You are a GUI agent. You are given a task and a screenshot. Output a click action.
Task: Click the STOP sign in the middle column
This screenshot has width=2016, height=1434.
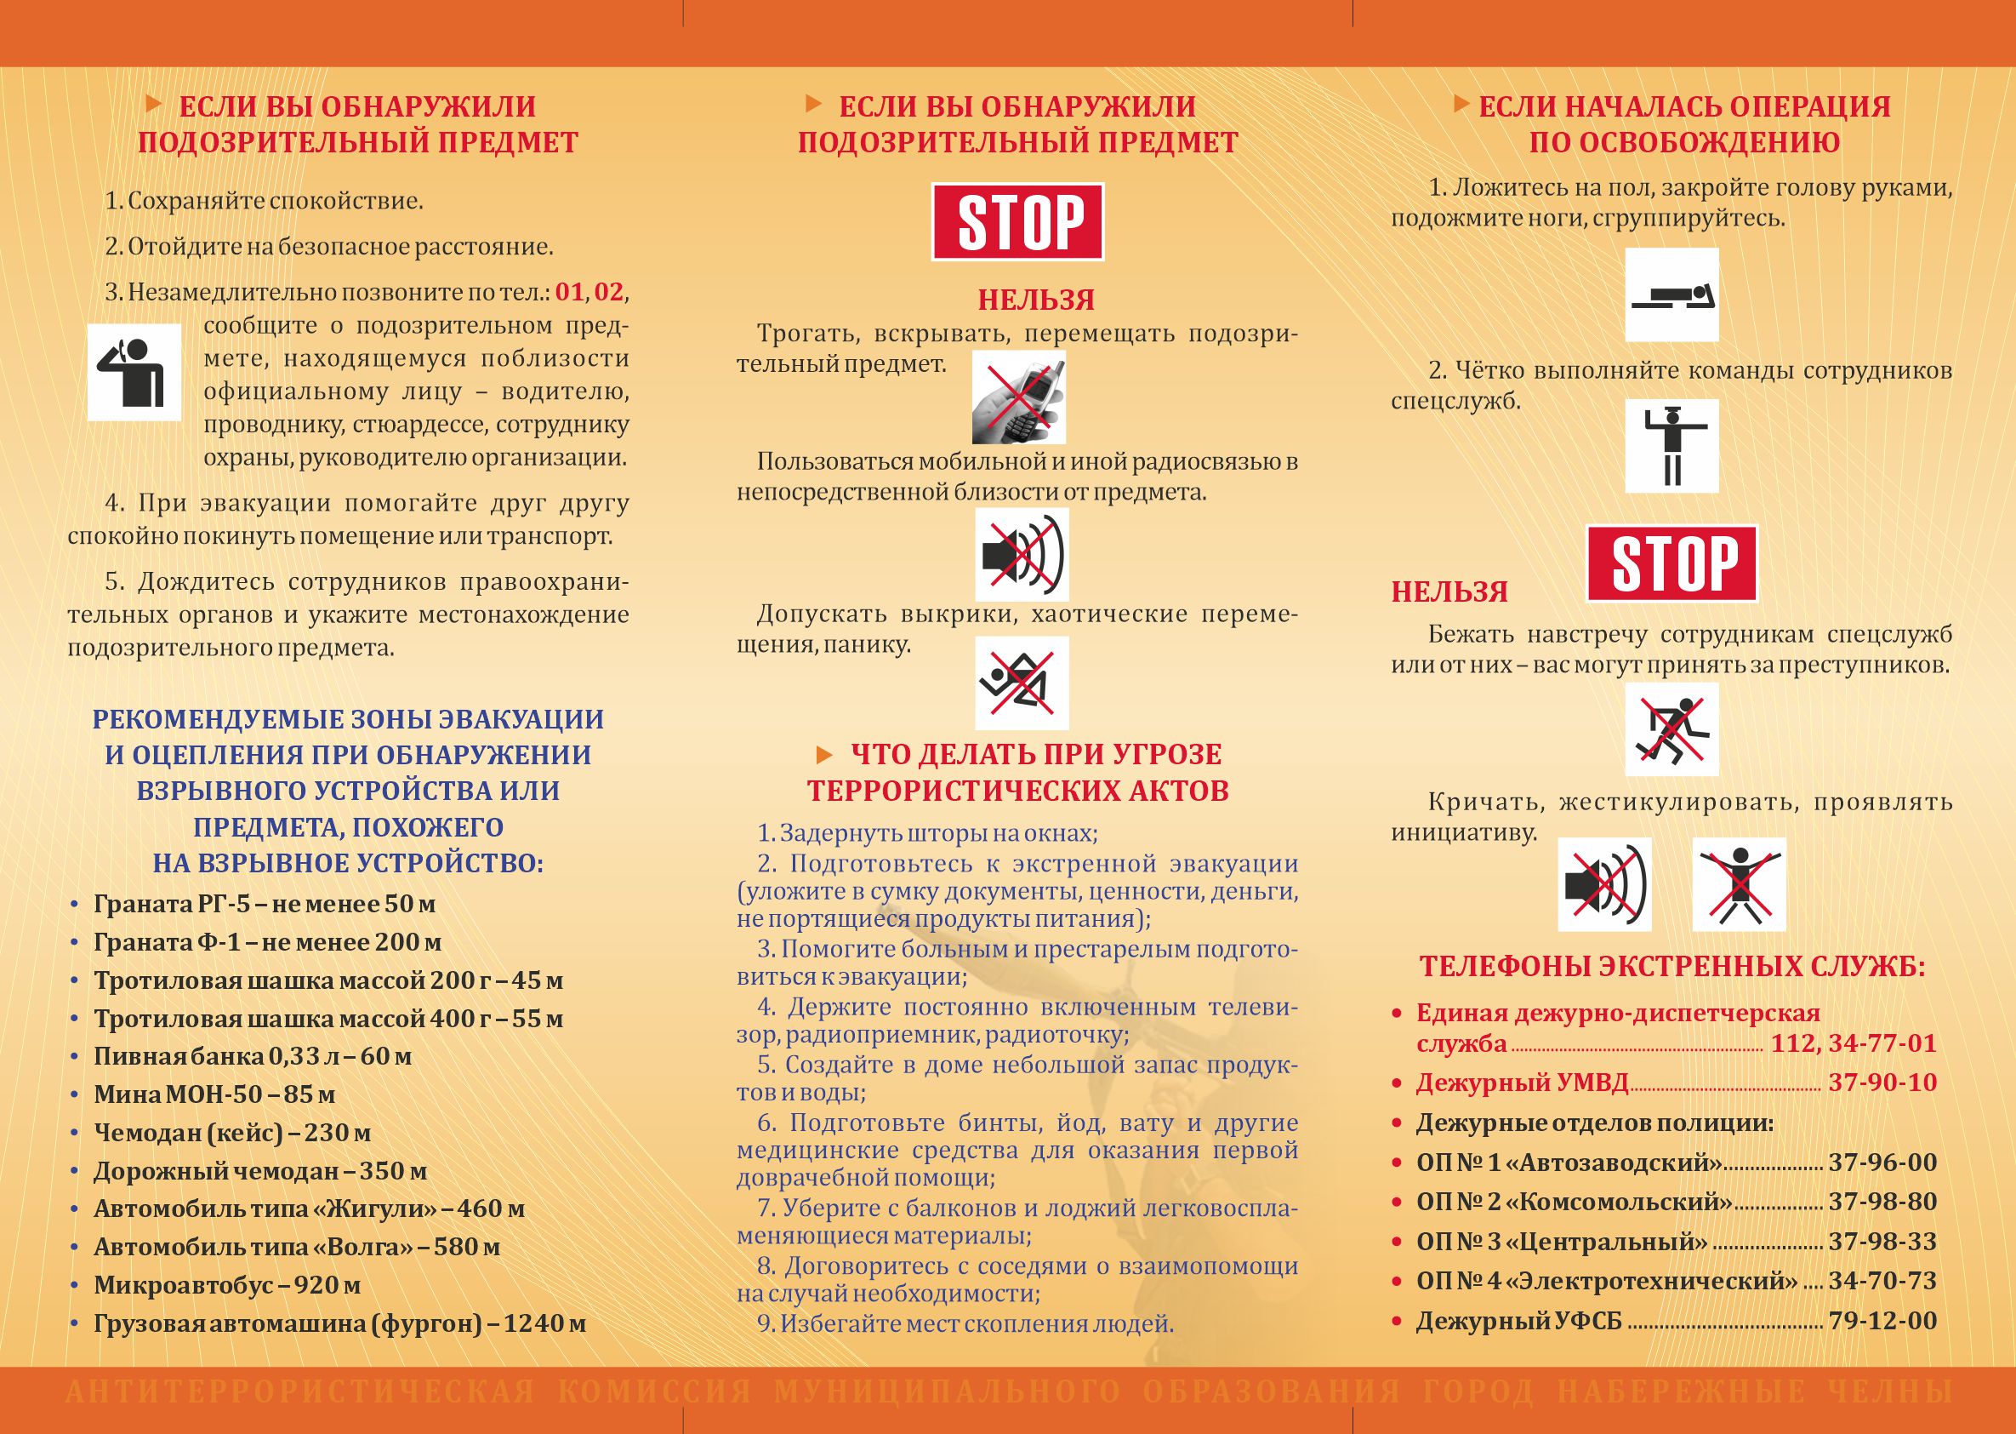click(1017, 221)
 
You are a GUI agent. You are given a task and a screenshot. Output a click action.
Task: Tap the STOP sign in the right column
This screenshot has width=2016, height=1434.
click(1671, 563)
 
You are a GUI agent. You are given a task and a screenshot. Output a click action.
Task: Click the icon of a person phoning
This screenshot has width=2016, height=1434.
click(134, 372)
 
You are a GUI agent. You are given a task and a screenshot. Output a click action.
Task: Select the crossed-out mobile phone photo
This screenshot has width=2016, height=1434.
click(1018, 397)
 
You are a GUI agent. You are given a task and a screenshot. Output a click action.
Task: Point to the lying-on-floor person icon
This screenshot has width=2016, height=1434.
click(1671, 295)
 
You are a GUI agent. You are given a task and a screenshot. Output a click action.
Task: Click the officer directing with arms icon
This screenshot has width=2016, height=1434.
click(1671, 446)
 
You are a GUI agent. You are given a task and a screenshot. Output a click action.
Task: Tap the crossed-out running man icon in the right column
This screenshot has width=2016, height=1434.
click(1671, 729)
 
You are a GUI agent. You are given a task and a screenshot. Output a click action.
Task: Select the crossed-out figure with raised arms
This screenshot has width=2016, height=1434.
click(1739, 884)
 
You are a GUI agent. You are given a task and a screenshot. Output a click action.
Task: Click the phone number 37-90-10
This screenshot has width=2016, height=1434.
click(1882, 1083)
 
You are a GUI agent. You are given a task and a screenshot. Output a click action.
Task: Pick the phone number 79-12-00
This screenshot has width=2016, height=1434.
click(1882, 1321)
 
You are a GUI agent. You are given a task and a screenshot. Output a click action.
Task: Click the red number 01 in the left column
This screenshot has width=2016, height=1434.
click(570, 291)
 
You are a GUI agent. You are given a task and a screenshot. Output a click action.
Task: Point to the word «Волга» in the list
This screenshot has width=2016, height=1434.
click(370, 1247)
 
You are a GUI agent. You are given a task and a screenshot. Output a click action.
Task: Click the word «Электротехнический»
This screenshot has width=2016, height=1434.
click(1650, 1282)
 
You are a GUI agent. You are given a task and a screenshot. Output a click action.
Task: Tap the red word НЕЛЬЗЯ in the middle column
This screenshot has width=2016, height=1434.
click(1035, 300)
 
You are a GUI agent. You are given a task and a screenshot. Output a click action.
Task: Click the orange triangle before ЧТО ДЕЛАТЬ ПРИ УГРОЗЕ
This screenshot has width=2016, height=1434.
click(824, 754)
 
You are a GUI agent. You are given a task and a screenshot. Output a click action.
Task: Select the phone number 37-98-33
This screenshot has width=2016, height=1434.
click(1882, 1242)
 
